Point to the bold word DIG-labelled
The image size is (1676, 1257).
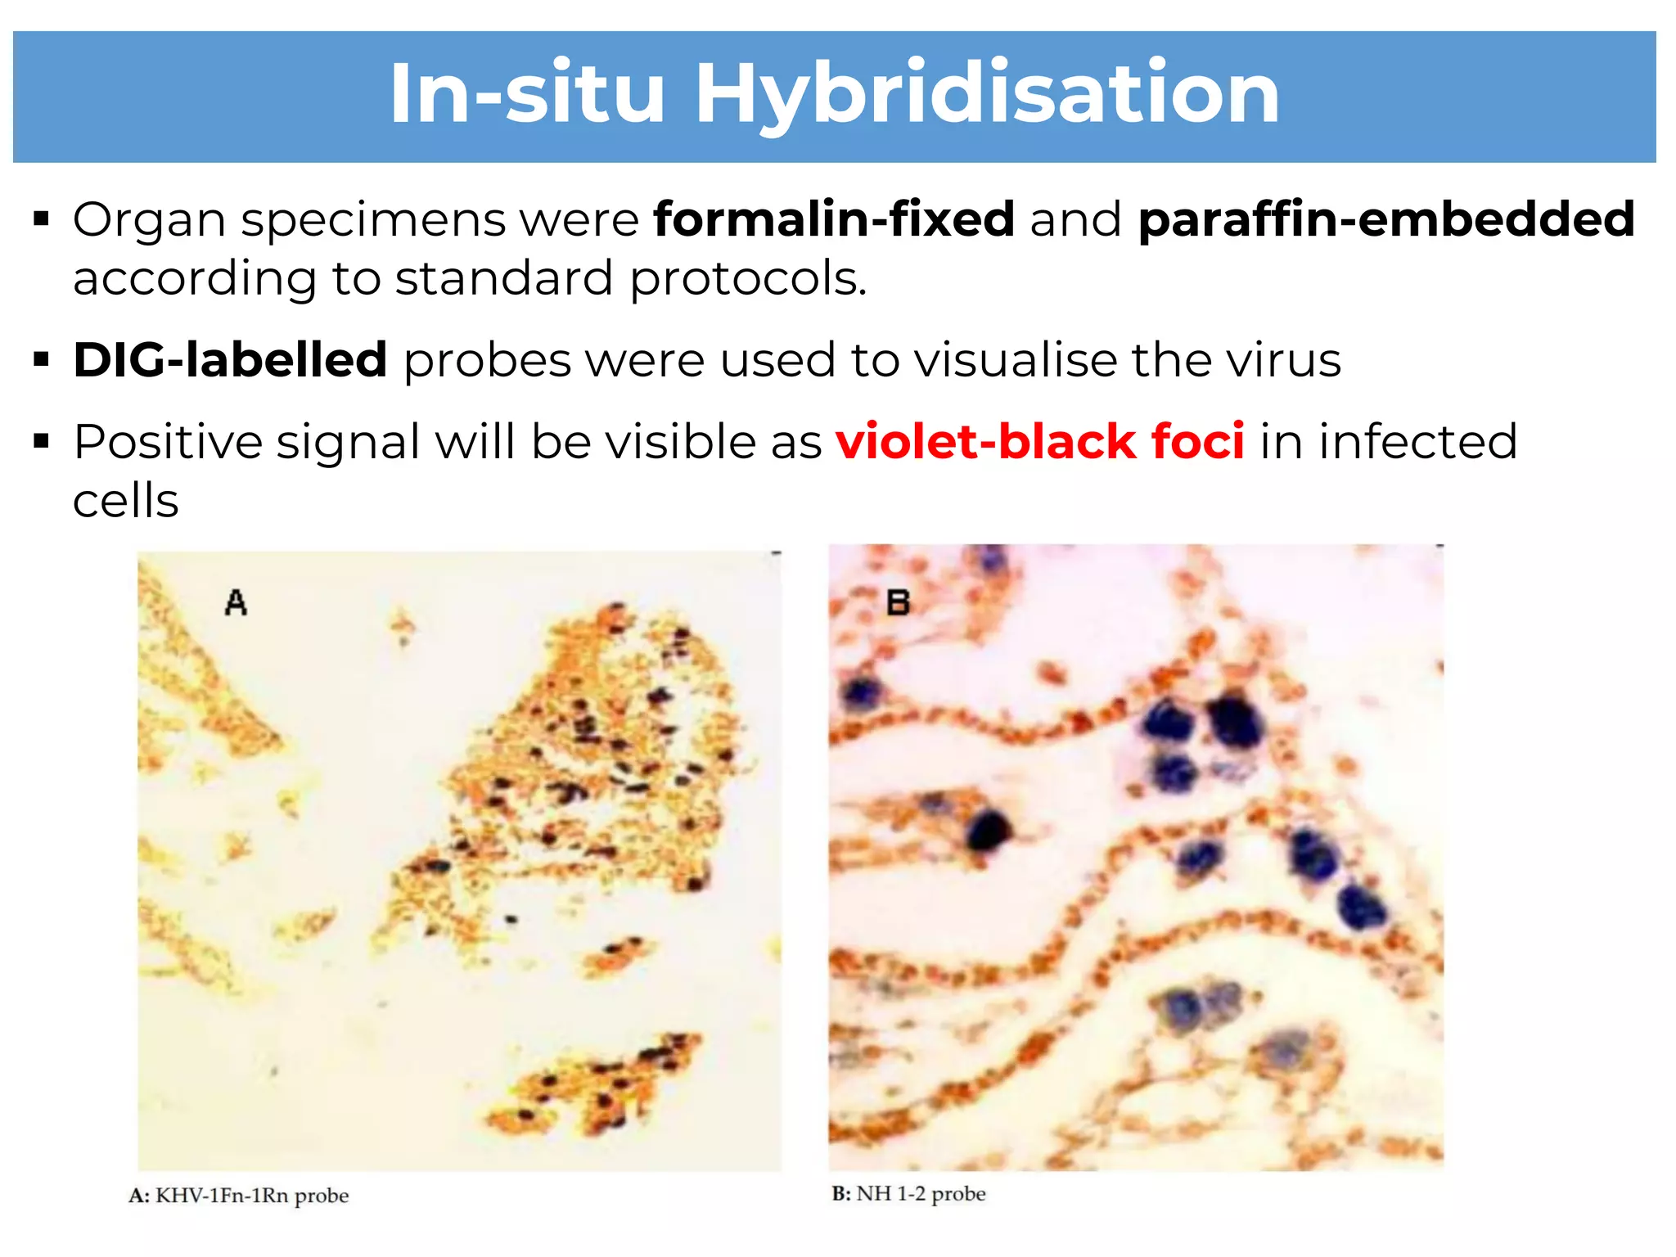click(230, 360)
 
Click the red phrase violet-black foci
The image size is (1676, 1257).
click(1040, 442)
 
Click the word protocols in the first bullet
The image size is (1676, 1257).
click(748, 279)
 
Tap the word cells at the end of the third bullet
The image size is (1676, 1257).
click(125, 501)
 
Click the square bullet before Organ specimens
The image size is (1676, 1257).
click(42, 219)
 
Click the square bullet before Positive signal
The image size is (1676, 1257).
click(42, 443)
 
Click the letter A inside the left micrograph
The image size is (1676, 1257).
click(236, 603)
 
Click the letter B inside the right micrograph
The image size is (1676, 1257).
click(898, 603)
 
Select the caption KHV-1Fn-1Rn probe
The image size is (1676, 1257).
click(251, 1196)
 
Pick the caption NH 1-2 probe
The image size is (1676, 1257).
click(920, 1194)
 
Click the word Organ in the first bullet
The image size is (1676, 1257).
click(149, 221)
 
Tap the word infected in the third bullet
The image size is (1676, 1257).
click(1417, 442)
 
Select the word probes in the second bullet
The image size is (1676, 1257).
click(487, 361)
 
